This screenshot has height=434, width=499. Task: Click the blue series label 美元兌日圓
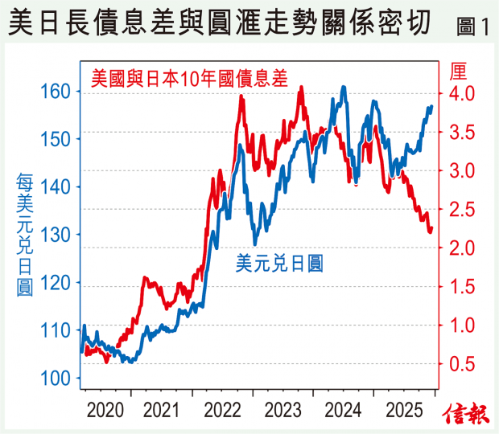(279, 262)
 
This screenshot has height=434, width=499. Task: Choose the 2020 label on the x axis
(105, 411)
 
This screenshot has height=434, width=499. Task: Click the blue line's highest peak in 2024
(344, 87)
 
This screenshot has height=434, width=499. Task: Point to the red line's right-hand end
(431, 229)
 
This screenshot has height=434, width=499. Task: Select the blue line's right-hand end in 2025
(431, 106)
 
